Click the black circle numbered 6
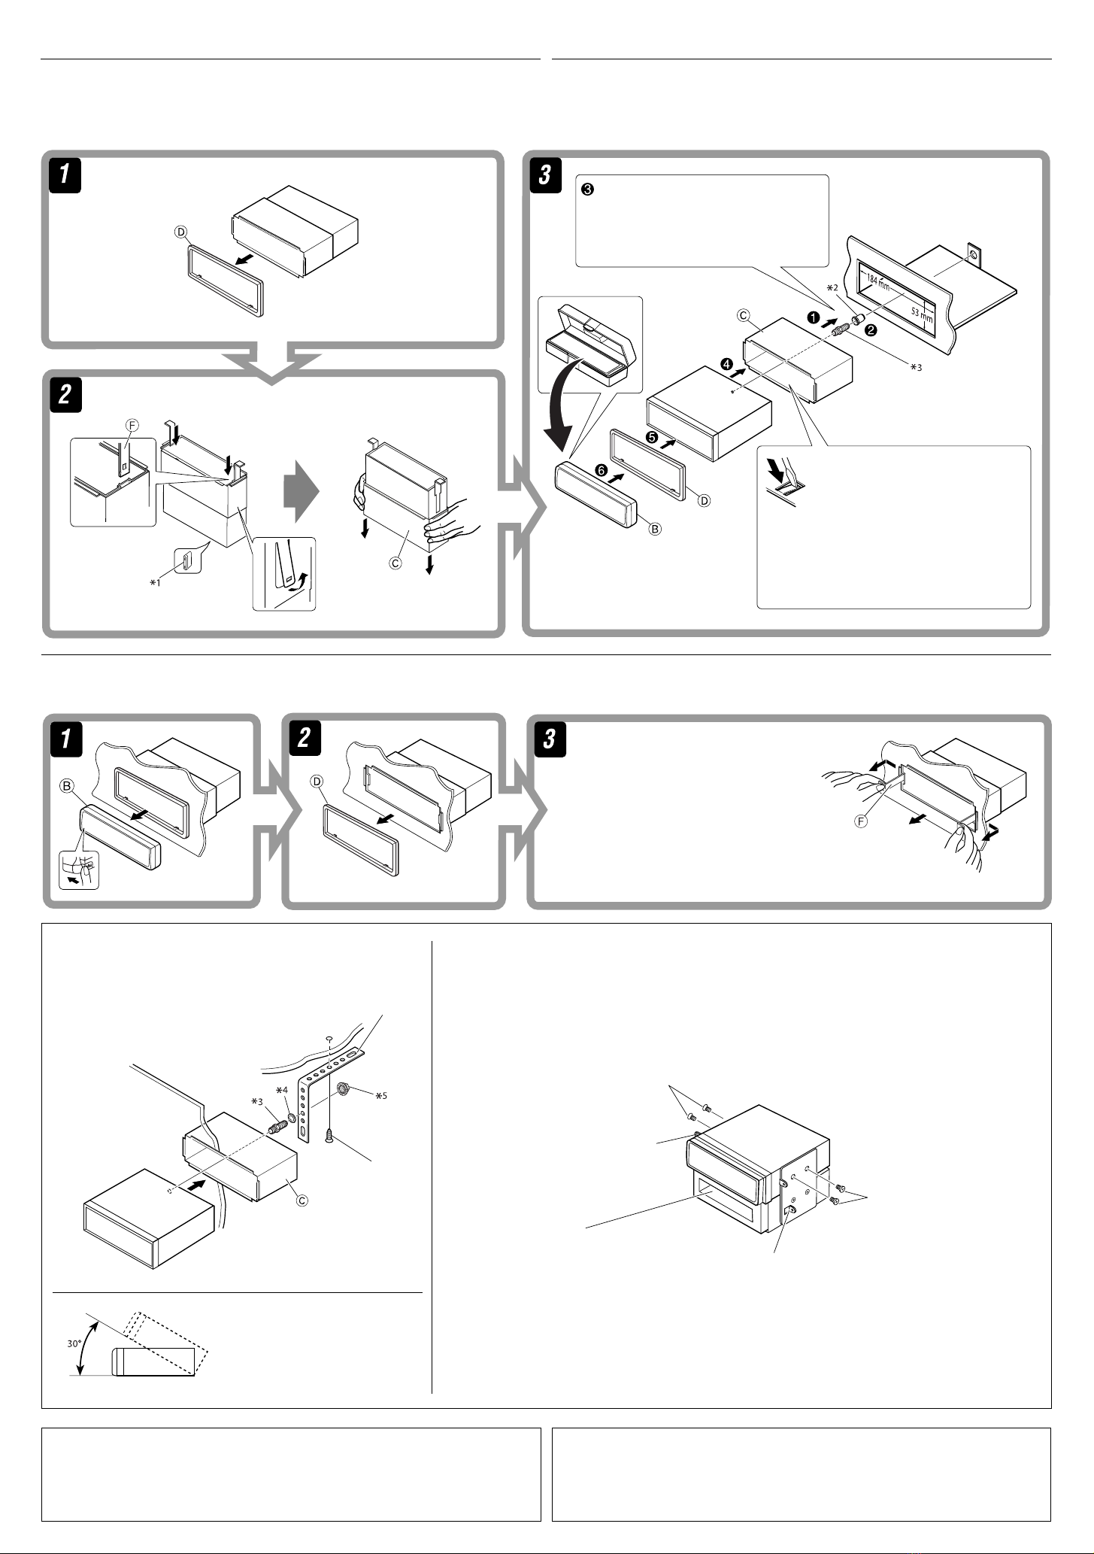point(601,469)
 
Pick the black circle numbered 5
point(652,436)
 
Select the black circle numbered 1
point(813,317)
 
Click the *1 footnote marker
point(155,581)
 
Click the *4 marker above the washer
point(281,1090)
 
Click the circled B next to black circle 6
point(655,529)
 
